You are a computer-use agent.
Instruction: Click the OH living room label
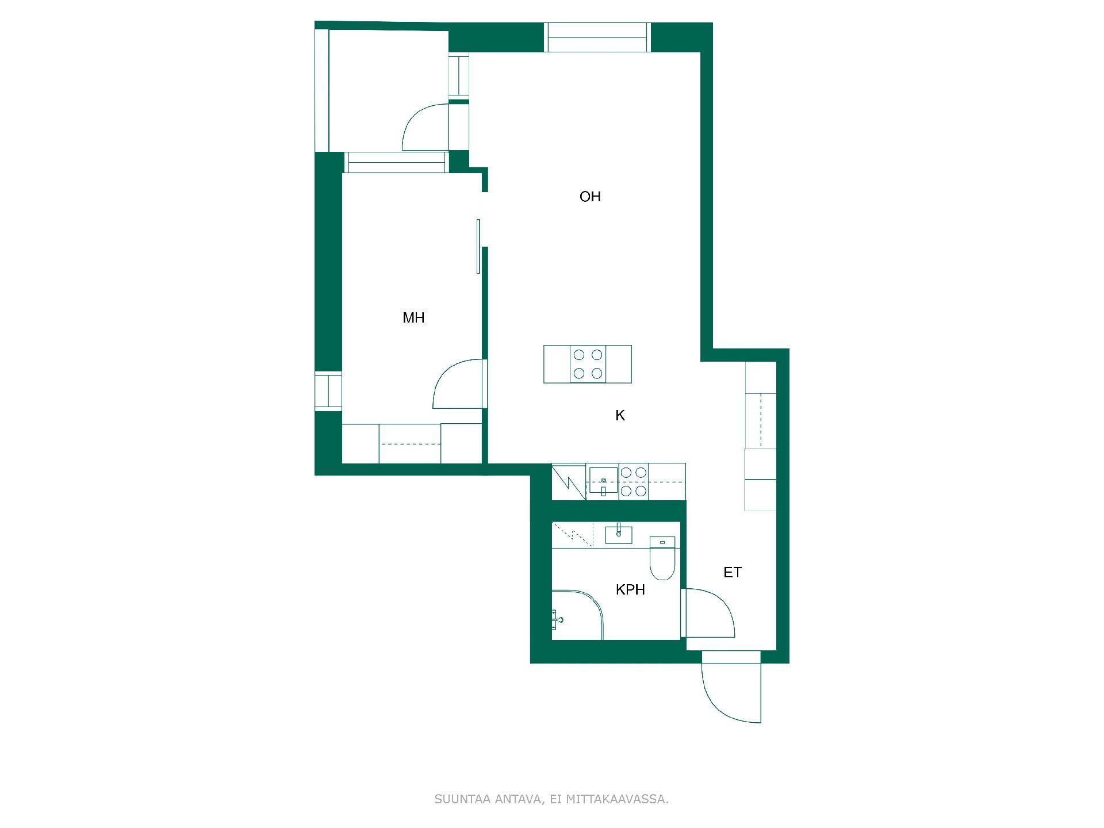[590, 197]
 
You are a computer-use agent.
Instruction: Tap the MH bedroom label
[413, 318]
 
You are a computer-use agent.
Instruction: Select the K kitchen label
[620, 416]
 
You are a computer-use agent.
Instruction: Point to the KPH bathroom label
[630, 590]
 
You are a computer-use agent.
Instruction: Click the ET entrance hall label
[733, 573]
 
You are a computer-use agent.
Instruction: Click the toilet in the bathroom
[662, 558]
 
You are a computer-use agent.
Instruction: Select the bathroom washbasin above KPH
[619, 535]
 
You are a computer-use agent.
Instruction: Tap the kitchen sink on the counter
[603, 481]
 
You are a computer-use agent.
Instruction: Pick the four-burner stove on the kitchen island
[588, 364]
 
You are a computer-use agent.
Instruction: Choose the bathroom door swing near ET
[711, 613]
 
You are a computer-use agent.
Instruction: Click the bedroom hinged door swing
[457, 384]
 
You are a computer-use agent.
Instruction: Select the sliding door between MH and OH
[478, 246]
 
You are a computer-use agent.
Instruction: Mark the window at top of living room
[597, 37]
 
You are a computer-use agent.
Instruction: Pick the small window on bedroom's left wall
[328, 392]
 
